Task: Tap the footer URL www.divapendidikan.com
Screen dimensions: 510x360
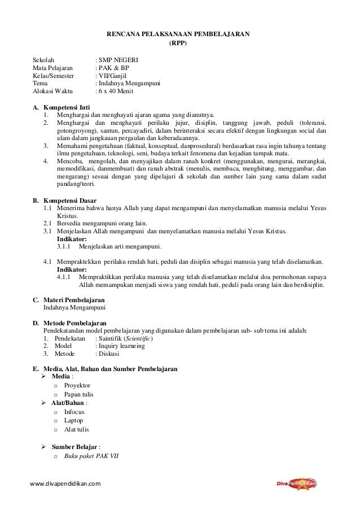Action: click(x=65, y=485)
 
